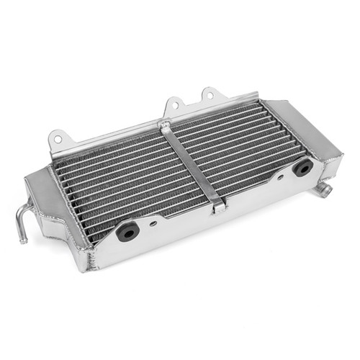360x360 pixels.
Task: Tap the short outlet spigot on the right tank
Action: click(x=324, y=190)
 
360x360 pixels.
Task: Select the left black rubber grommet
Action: click(x=127, y=231)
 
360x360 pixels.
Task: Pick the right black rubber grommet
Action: click(x=302, y=168)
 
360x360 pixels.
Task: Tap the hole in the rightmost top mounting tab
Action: click(x=210, y=94)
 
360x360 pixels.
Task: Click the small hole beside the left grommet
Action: click(x=154, y=223)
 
